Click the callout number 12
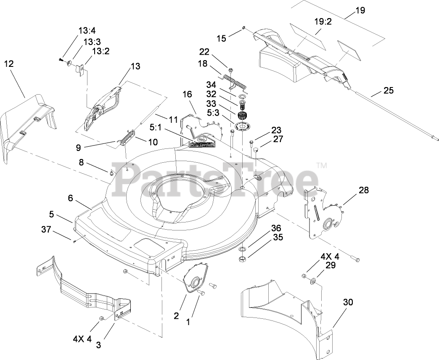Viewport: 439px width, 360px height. pyautogui.click(x=9, y=64)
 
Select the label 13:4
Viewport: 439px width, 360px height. pyautogui.click(x=87, y=30)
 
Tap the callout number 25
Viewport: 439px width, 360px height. pyautogui.click(x=389, y=90)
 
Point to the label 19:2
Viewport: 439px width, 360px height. pyautogui.click(x=323, y=22)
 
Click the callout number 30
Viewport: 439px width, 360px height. pyautogui.click(x=348, y=302)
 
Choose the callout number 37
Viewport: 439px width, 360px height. pyautogui.click(x=46, y=229)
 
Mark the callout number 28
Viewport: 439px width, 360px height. pyautogui.click(x=363, y=190)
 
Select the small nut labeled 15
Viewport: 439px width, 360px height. pyautogui.click(x=244, y=28)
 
